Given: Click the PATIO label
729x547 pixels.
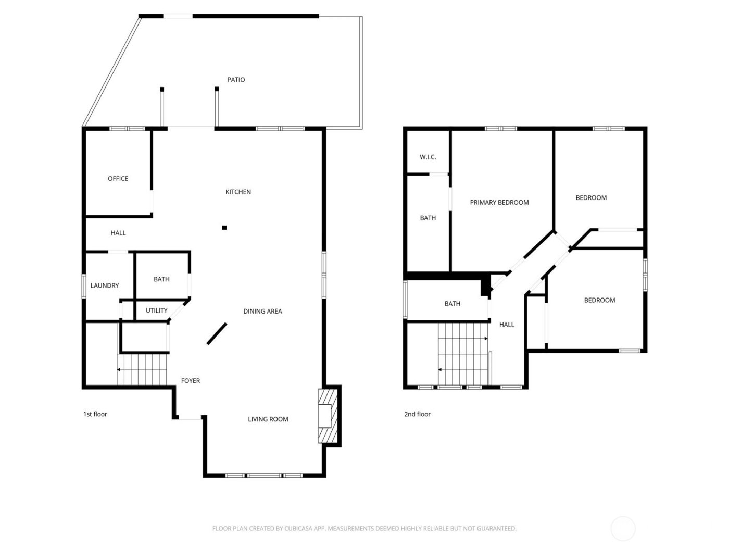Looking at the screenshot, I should (236, 80).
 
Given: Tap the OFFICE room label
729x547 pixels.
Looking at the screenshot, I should (118, 179).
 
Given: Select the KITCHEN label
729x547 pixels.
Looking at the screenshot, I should (238, 192).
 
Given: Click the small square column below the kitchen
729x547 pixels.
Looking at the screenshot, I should (224, 227).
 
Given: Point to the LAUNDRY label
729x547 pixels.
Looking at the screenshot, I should (105, 285).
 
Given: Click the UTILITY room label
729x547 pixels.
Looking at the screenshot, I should (156, 310).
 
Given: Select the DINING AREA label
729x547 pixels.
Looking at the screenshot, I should (262, 312).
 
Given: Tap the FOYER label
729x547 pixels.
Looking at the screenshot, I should (191, 381).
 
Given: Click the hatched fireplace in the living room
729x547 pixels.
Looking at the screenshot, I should (326, 416).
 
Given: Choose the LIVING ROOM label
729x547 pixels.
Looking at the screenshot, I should (268, 419).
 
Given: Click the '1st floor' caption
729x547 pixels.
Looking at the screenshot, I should (95, 414).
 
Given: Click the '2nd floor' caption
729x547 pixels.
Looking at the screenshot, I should (418, 414).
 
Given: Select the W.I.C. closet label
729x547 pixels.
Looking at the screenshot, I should (428, 157).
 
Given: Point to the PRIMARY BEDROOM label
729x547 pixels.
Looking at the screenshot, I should (499, 203).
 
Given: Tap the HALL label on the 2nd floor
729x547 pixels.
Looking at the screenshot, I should (507, 325).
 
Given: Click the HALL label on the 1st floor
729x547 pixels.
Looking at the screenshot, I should (118, 233).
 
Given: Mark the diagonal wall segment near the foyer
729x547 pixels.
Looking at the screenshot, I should (217, 333).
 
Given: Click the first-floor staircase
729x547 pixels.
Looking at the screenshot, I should (142, 369).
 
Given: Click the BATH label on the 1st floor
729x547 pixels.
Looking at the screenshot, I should (161, 279).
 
